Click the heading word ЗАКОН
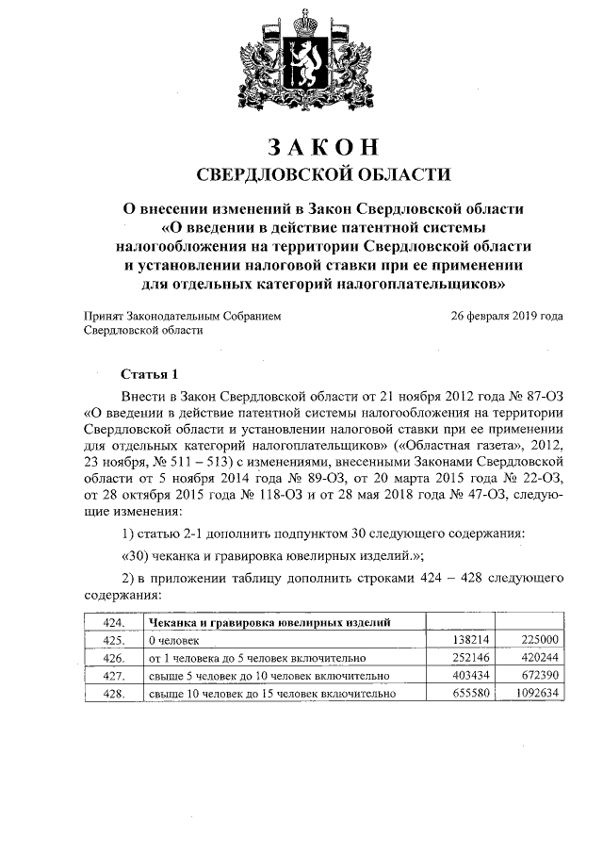(x=323, y=147)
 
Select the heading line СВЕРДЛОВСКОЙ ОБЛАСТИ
(x=323, y=174)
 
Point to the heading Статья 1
(x=148, y=373)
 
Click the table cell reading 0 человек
(x=175, y=640)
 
